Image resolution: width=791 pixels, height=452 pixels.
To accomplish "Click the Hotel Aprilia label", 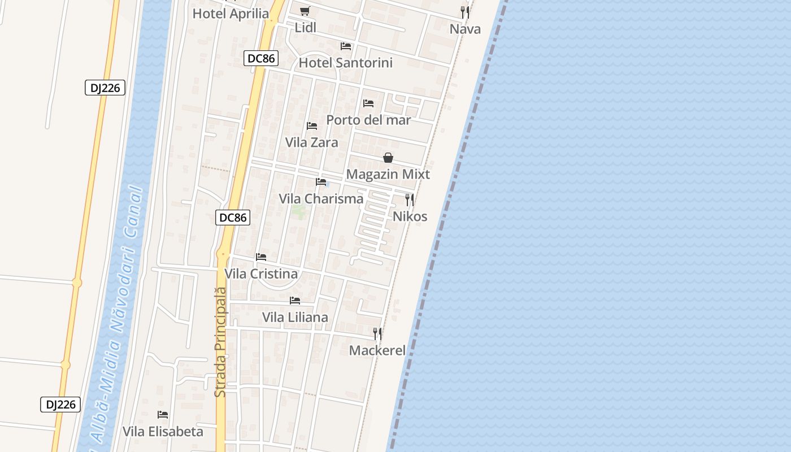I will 231,14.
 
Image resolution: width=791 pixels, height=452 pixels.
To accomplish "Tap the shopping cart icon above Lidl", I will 305,11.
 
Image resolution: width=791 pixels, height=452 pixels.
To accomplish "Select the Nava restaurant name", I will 465,29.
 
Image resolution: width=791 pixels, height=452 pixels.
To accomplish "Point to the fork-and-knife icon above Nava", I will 465,12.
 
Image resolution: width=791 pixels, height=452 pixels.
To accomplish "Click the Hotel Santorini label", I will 345,63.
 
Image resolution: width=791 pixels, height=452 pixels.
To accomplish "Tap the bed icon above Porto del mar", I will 368,103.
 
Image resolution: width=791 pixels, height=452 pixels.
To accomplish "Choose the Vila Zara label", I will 311,142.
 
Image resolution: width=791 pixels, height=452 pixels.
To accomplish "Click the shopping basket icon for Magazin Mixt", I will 388,158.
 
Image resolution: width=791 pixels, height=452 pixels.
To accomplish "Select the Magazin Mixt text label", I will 388,175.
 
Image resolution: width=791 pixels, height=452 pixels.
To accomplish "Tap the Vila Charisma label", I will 321,199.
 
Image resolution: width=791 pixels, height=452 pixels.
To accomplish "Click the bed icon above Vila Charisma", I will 321,182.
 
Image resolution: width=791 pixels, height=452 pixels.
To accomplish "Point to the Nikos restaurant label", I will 410,216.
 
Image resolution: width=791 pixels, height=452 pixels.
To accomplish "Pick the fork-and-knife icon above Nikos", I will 410,199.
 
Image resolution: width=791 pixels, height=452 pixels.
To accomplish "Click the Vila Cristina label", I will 261,274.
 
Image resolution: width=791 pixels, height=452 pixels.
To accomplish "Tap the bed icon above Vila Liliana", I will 295,301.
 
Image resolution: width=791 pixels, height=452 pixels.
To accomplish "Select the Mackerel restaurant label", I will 377,350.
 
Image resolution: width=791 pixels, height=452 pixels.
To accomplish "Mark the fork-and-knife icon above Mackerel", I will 377,333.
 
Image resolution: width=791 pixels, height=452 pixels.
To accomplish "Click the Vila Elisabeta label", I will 163,432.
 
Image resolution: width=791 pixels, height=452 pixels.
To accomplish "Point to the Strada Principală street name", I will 221,342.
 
